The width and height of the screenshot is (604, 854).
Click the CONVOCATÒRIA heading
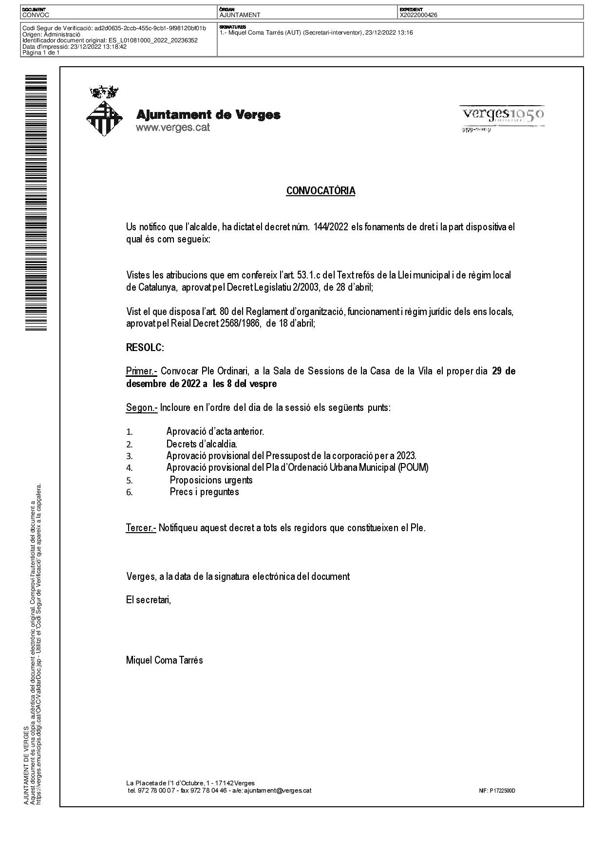tap(321, 191)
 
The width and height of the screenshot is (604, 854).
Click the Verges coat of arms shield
tap(104, 118)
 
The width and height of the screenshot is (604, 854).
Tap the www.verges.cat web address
tap(172, 128)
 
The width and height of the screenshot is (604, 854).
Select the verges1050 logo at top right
tap(502, 115)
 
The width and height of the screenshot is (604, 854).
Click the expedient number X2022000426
tap(418, 15)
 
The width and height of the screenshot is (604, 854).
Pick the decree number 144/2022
tap(331, 227)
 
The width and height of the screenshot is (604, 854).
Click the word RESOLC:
tap(145, 348)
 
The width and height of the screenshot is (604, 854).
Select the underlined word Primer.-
tap(141, 371)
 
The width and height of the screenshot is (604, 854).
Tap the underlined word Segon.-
tap(141, 408)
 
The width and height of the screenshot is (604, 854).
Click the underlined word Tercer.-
tap(141, 528)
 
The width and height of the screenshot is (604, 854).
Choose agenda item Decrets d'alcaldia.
tap(202, 444)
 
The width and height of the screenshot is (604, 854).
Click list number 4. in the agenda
tap(130, 468)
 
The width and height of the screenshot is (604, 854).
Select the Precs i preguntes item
tap(204, 492)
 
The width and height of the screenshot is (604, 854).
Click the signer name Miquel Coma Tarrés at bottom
tap(164, 661)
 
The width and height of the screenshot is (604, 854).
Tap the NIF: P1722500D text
tap(497, 791)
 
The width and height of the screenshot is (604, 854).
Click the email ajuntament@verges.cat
tap(277, 791)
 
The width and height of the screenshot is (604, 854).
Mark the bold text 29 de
tap(504, 371)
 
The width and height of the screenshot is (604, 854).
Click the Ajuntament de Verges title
tap(208, 115)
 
